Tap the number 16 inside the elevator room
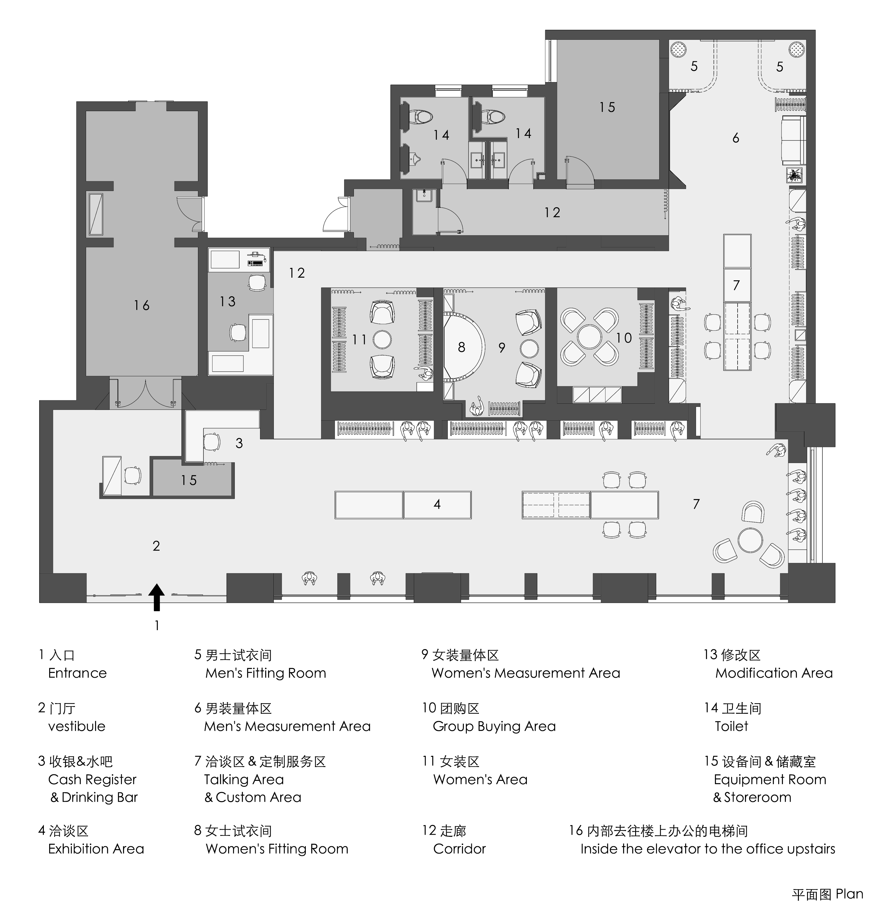141,305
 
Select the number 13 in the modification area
227,301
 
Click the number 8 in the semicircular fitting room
461,347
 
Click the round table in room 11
381,339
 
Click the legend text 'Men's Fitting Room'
265,673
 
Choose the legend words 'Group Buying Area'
494,726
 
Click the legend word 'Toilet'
731,726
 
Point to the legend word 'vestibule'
77,726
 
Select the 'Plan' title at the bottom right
849,894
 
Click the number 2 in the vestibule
156,546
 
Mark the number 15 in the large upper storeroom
607,107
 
